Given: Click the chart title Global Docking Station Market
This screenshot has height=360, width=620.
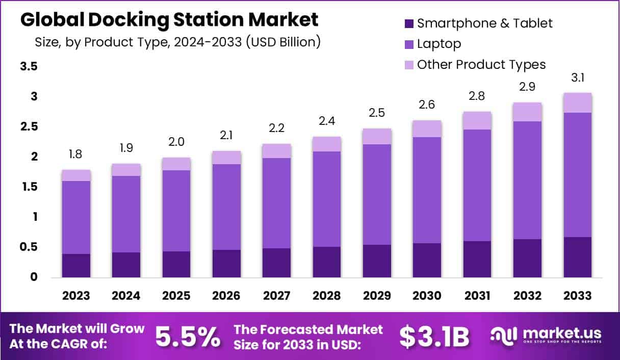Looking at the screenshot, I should pos(169,20).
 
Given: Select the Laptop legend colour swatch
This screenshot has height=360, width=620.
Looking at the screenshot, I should pos(409,44).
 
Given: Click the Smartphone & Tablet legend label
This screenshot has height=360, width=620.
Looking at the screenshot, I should pos(484,23).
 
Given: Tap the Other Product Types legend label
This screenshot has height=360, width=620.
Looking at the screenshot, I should pos(481,65).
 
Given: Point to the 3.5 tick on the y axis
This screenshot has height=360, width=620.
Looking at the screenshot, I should pos(29,67).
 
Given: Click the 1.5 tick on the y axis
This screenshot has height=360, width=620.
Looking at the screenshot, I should pos(29,187).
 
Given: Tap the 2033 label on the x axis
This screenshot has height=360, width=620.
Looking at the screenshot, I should pos(577,296).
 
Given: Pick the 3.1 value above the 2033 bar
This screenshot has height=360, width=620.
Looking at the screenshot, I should pos(577,79).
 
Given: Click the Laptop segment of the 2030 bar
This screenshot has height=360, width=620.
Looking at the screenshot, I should pos(427,190).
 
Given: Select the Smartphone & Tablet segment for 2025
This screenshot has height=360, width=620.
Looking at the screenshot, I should pos(176,264).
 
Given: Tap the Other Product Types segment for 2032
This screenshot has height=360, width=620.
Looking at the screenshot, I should pos(527,112).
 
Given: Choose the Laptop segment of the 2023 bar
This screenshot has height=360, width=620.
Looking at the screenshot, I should pos(76,217).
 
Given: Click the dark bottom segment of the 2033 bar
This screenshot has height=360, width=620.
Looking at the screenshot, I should pos(577,257).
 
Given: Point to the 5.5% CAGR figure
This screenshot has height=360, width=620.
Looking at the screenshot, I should pos(188,336).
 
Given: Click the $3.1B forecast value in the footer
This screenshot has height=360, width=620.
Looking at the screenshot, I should pos(434,336).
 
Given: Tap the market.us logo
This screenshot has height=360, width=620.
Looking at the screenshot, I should pos(546,335).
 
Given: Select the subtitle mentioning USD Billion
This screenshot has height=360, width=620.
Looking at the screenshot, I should pos(177,42).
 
